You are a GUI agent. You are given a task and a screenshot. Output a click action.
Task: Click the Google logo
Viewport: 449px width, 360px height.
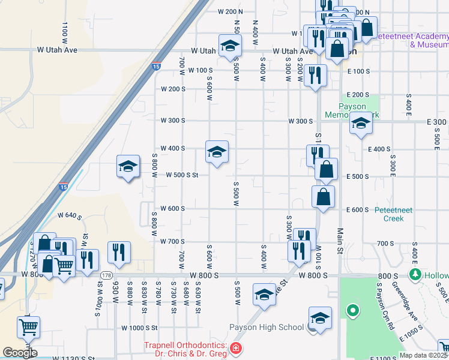coord(20,353)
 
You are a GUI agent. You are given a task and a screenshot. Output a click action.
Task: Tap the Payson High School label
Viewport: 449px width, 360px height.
coord(267,327)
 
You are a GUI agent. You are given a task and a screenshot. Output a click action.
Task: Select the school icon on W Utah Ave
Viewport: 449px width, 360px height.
coord(230,46)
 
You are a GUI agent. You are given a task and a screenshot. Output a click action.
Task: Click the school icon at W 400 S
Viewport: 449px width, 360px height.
coord(217,152)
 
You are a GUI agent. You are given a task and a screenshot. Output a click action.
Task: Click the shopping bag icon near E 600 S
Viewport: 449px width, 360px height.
coord(323,196)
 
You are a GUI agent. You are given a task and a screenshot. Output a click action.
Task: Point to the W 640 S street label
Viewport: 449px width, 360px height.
coord(68,214)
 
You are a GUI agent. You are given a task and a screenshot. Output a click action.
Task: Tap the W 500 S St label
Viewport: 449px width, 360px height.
coord(183,176)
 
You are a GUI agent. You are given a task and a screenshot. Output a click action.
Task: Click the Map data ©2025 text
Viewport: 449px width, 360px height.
coord(423,355)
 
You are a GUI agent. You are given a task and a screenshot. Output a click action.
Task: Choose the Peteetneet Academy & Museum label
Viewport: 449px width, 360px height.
coord(412,40)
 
